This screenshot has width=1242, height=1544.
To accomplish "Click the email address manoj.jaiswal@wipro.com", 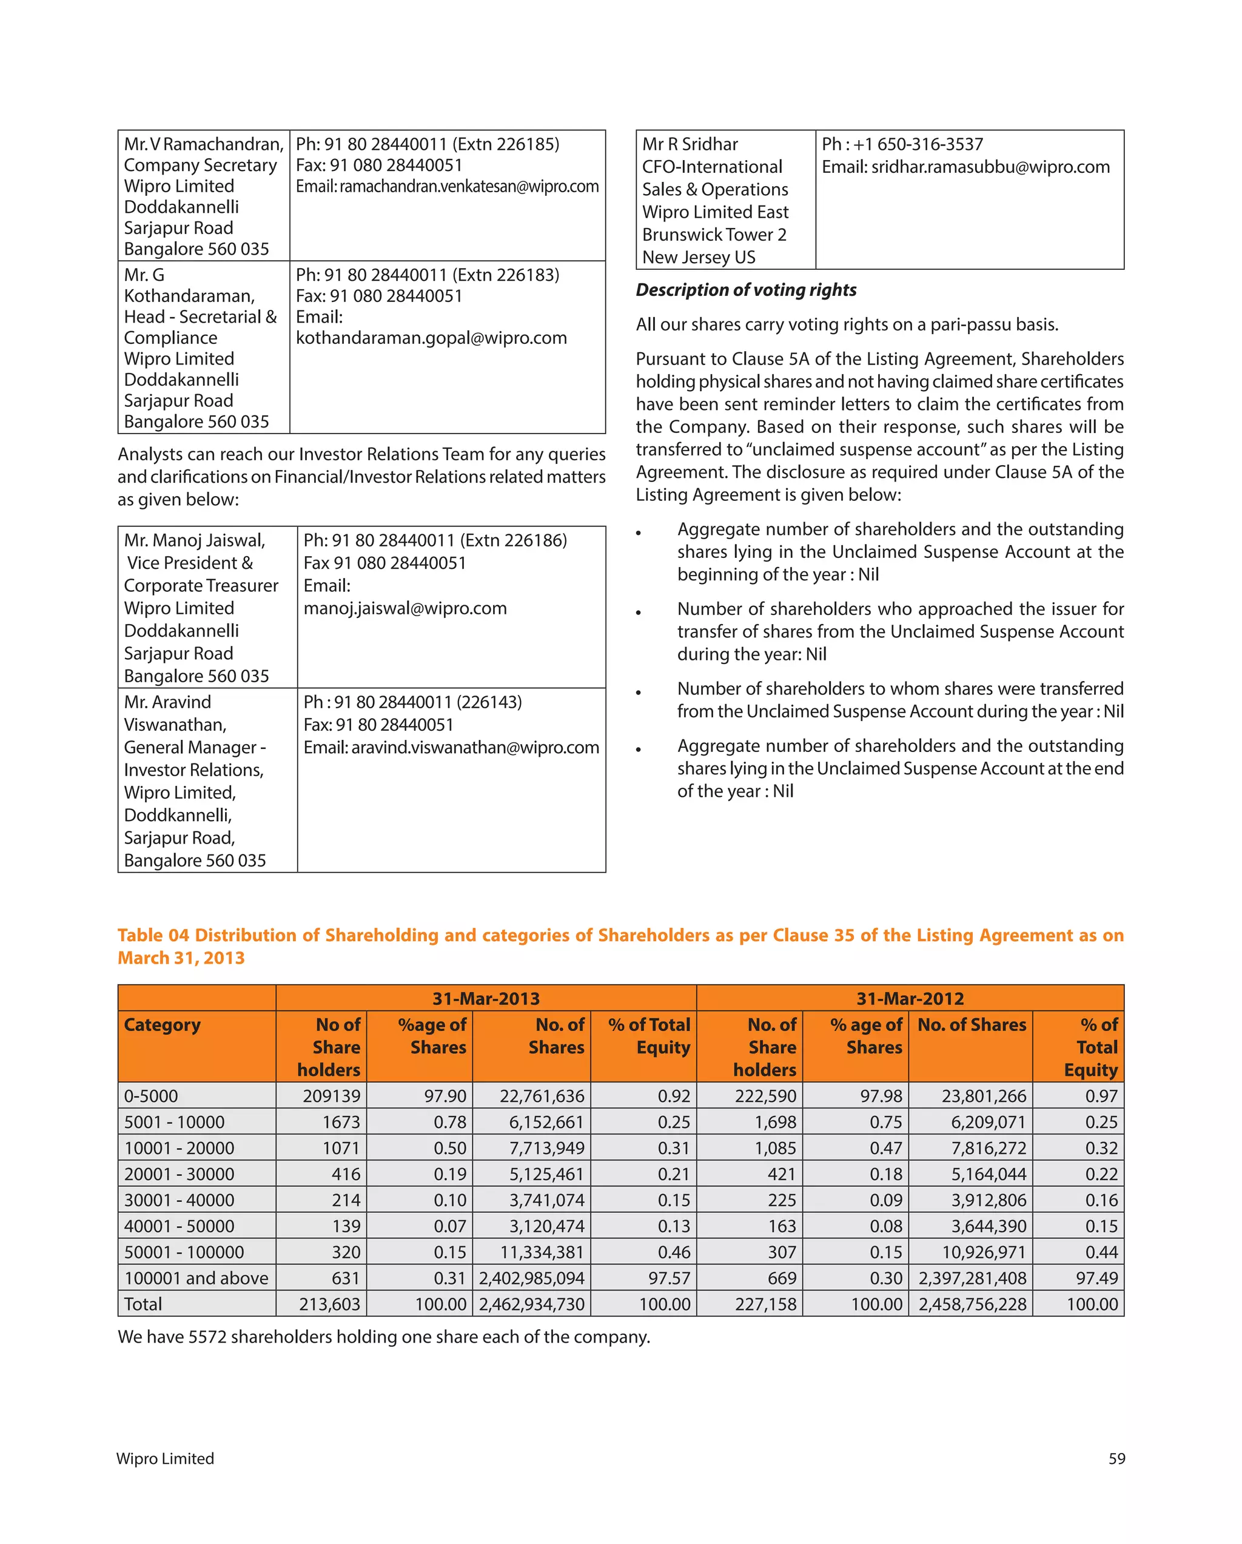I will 404,608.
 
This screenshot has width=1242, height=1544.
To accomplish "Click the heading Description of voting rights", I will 746,289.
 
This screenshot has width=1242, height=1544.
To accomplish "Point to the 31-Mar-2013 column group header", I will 486,998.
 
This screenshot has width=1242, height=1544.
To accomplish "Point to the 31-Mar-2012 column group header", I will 910,998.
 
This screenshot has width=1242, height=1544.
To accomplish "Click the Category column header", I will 163,1024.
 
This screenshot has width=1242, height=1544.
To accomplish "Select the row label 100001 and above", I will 196,1278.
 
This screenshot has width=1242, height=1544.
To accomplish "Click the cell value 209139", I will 332,1096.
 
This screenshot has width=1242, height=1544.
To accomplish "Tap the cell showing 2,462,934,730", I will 531,1304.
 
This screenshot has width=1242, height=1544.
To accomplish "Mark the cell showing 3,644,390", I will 989,1226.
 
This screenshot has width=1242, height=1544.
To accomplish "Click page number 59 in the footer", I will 1116,1458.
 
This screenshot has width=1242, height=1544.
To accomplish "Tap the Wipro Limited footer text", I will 166,1458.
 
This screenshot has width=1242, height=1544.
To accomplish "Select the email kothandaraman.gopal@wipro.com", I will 431,337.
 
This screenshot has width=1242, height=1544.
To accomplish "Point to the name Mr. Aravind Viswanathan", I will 175,713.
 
